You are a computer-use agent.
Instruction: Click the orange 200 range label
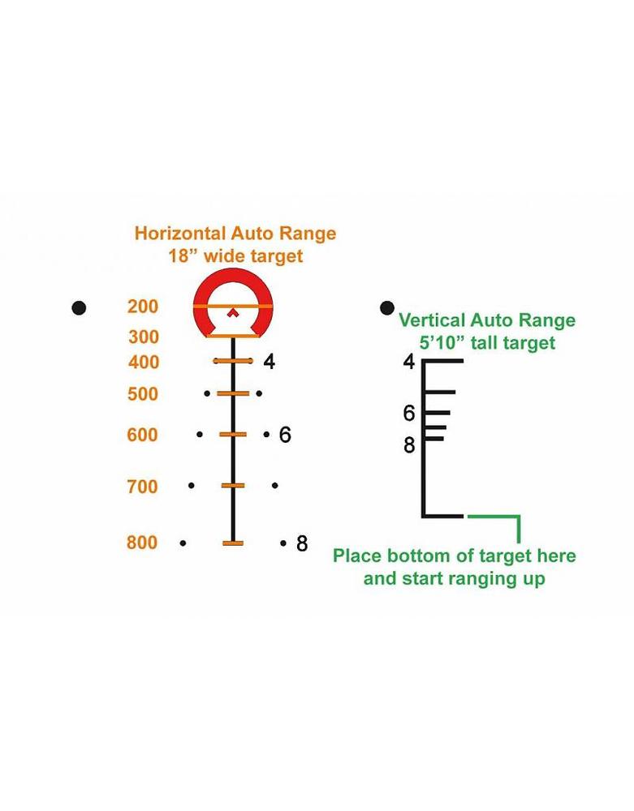(143, 307)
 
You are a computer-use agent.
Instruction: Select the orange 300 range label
(143, 337)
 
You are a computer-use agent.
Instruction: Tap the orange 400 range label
(144, 362)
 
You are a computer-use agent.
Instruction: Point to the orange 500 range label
(143, 394)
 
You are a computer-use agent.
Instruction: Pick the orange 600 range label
(143, 436)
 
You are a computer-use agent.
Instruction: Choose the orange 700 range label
(143, 487)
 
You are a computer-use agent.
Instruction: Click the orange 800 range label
(143, 543)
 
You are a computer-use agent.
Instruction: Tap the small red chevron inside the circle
(233, 312)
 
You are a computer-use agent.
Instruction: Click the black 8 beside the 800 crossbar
(302, 543)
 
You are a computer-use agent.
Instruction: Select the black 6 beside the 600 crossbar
(285, 436)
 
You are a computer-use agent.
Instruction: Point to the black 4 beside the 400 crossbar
(270, 362)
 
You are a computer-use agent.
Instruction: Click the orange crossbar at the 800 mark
(233, 543)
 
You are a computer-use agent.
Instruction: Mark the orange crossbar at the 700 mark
(233, 485)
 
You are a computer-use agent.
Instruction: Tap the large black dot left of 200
(79, 307)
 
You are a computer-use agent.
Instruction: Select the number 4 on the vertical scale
(409, 362)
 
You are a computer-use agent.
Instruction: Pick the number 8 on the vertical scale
(409, 445)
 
